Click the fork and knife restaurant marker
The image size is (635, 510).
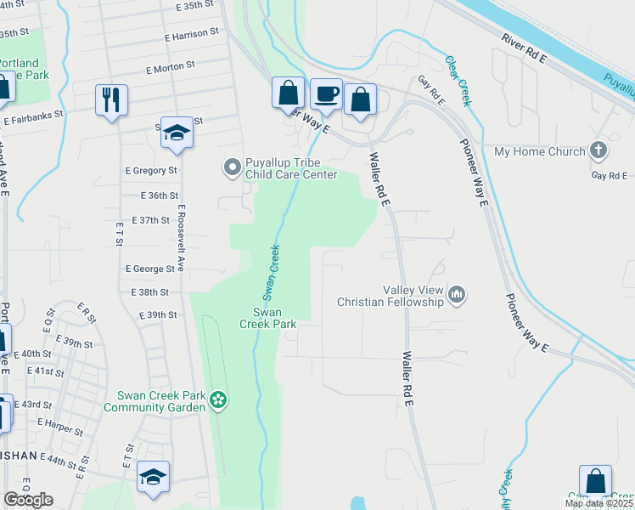[x=111, y=99]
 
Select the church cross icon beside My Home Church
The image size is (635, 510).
[x=598, y=151]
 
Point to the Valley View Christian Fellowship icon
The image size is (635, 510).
[x=458, y=295]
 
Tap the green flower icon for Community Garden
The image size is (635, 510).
[x=219, y=400]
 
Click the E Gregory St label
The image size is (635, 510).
[x=150, y=170]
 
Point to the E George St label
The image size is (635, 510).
[x=149, y=269]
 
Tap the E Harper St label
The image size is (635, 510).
[x=59, y=426]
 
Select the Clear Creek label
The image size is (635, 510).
[x=458, y=81]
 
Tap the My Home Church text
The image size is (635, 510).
[x=540, y=152]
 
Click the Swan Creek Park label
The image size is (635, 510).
[x=267, y=317]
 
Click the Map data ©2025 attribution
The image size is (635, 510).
[x=598, y=504]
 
